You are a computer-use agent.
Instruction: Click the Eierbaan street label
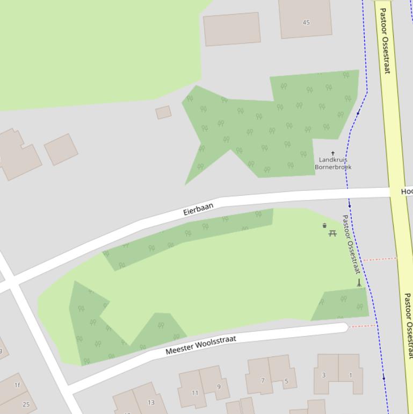click(199, 209)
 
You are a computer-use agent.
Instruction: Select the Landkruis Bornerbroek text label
click(333, 163)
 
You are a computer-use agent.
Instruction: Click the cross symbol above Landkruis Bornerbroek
click(333, 154)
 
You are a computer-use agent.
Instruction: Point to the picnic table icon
click(332, 233)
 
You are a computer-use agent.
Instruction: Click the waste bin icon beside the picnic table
click(324, 226)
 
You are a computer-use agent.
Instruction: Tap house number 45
click(306, 23)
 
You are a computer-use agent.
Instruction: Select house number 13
click(151, 402)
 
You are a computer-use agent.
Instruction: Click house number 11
click(195, 392)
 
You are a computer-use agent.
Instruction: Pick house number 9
click(219, 386)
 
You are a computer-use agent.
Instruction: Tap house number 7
click(263, 381)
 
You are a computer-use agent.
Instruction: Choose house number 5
click(286, 381)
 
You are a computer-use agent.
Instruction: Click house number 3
click(323, 375)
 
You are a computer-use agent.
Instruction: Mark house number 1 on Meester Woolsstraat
click(351, 375)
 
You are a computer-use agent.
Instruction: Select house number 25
click(26, 404)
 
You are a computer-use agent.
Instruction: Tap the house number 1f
click(17, 385)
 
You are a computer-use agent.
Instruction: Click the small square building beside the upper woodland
click(163, 112)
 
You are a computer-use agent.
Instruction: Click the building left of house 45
click(231, 29)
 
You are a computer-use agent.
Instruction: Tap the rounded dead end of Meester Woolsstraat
click(342, 327)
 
